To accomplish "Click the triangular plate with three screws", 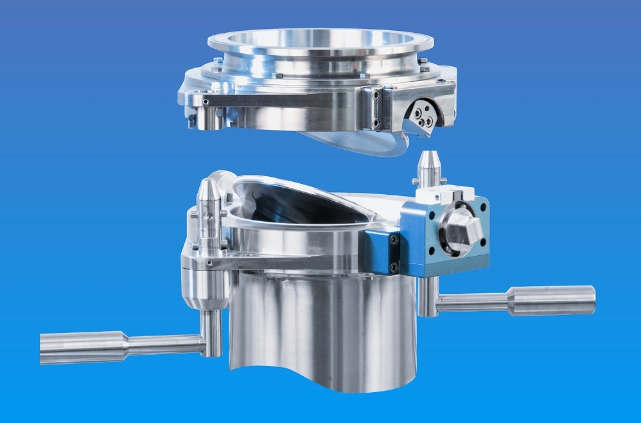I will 424,116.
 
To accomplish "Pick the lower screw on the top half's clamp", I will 376,122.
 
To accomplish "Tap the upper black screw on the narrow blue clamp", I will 394,239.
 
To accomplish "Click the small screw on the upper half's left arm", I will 205,102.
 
